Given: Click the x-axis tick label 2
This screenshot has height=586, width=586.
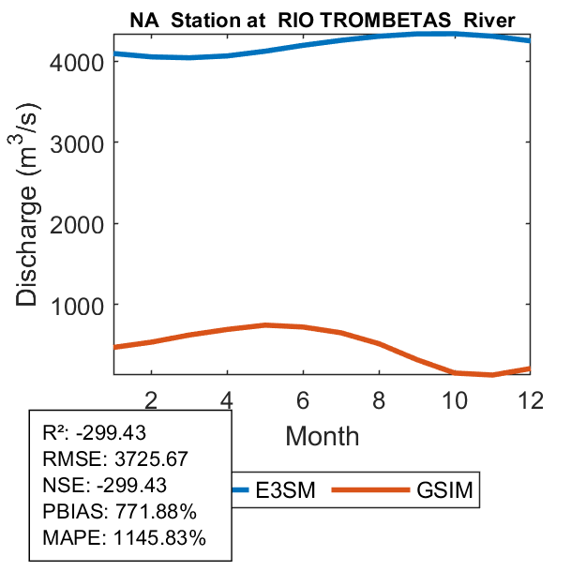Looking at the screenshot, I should (151, 398).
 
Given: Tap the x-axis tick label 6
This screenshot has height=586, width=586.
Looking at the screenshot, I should (303, 398).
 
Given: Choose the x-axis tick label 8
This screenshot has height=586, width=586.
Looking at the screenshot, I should (379, 398).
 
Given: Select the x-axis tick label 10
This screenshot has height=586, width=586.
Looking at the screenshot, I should (455, 398).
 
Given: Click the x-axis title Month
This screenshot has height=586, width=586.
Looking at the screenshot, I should (322, 435).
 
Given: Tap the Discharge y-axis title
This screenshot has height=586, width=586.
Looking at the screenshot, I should (30, 218).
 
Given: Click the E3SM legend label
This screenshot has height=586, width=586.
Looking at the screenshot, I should (286, 491).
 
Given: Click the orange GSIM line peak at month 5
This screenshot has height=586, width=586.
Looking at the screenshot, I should (265, 324).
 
